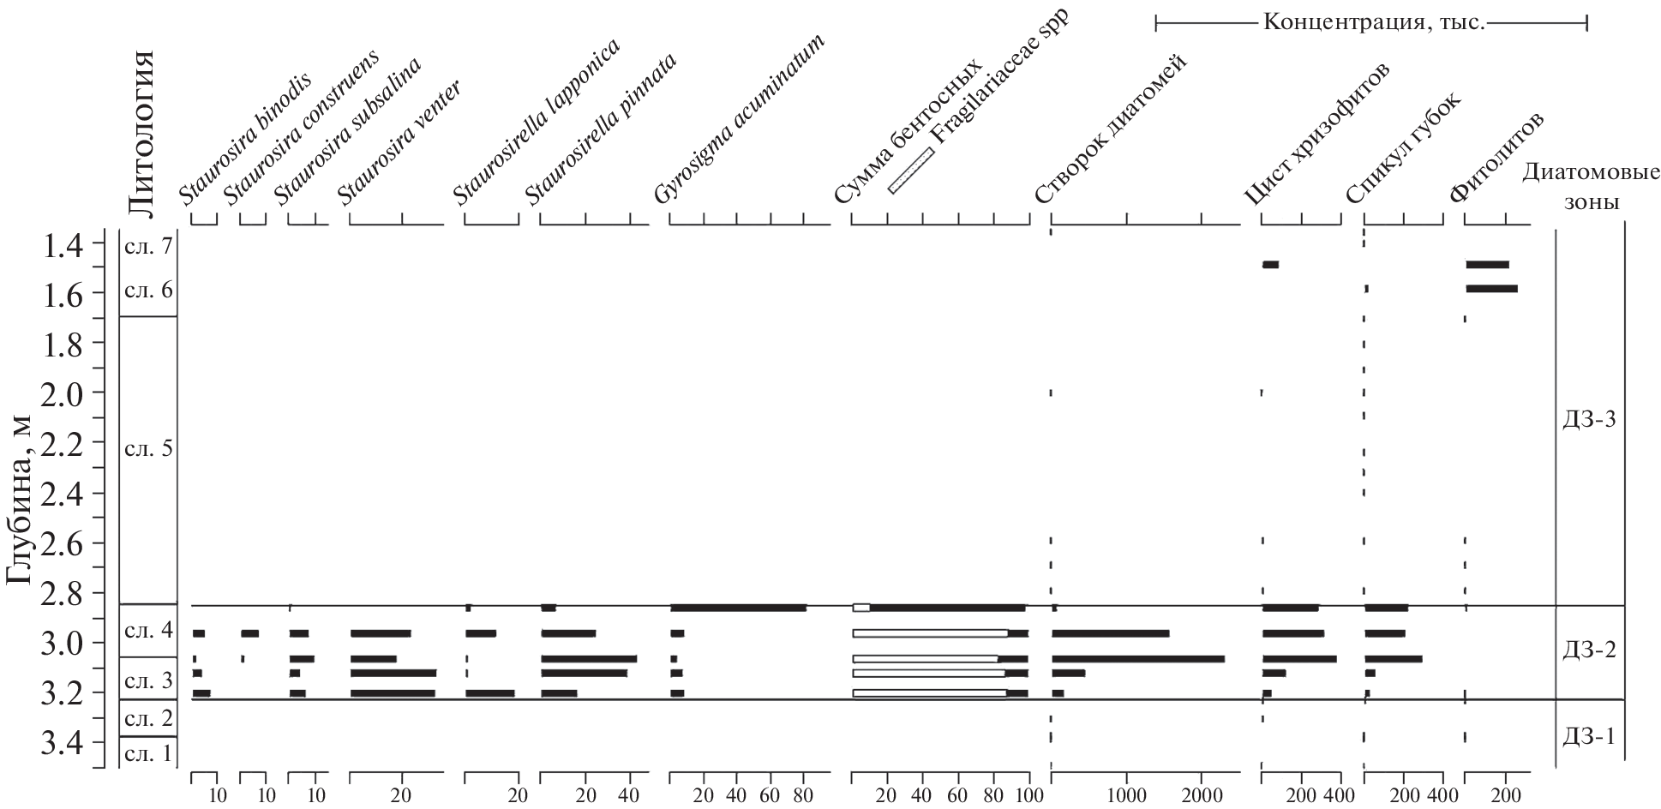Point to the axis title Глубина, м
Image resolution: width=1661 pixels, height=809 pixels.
click(21, 500)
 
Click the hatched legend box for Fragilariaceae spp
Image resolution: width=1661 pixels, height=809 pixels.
click(910, 171)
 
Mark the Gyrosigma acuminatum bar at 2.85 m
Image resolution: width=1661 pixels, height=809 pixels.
click(738, 608)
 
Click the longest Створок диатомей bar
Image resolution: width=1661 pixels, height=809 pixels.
click(1137, 658)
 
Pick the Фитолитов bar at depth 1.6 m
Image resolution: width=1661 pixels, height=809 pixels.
click(1491, 289)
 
